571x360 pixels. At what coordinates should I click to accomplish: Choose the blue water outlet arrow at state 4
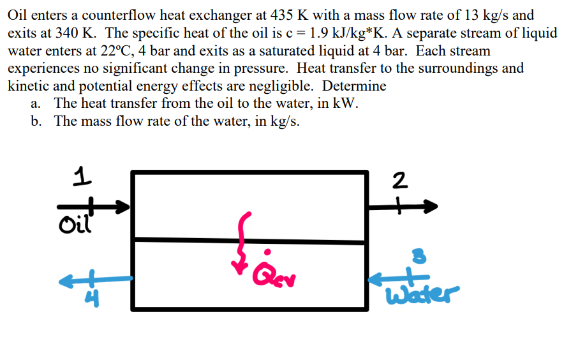click(96, 279)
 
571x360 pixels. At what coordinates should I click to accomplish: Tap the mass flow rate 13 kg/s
click(486, 15)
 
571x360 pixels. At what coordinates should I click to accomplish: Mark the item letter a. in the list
click(37, 103)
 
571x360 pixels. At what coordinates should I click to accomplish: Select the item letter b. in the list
click(38, 121)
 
